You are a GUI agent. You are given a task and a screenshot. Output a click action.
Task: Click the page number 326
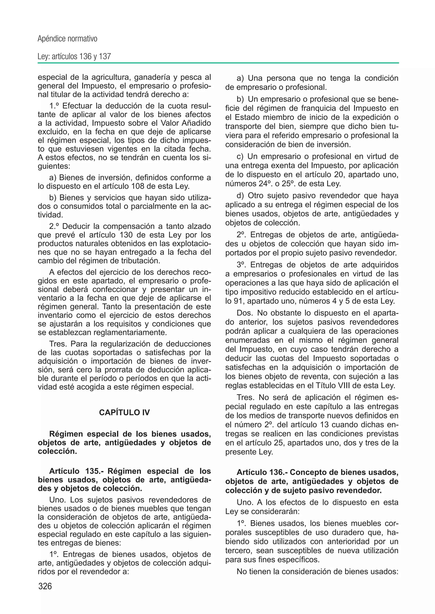tap(45, 586)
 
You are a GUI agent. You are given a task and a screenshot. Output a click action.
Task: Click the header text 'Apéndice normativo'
tap(68, 39)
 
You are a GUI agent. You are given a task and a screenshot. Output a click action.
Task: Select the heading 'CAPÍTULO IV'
tap(124, 412)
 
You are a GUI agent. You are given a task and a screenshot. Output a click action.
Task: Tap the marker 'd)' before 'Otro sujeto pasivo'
tap(240, 196)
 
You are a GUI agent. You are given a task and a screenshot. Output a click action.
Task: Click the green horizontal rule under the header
tap(218, 63)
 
